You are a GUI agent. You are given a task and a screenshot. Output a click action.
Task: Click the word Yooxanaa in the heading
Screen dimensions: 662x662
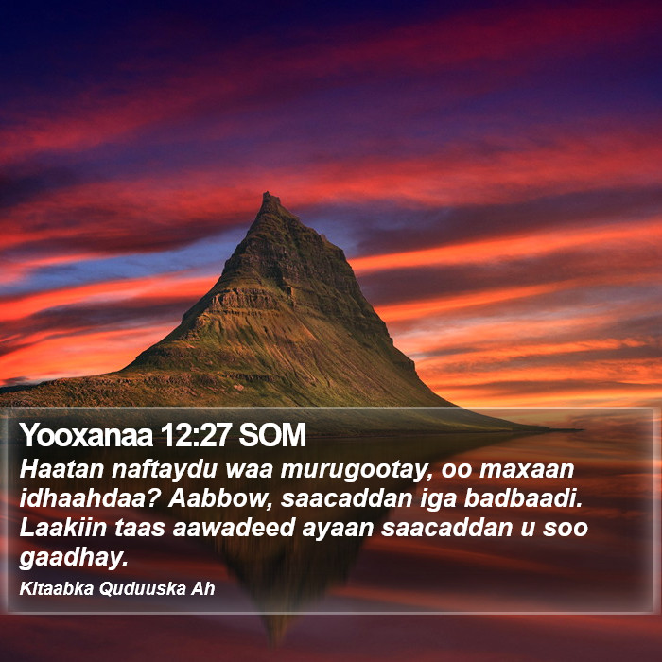(x=86, y=435)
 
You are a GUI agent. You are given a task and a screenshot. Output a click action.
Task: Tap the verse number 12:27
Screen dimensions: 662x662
(x=196, y=435)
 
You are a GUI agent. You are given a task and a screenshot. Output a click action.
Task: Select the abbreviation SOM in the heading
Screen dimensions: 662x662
(x=272, y=435)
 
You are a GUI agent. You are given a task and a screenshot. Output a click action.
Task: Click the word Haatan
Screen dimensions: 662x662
(x=61, y=469)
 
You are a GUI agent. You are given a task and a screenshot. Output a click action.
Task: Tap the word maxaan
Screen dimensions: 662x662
(x=527, y=469)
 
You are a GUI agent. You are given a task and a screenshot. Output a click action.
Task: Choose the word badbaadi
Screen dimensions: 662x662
(x=523, y=499)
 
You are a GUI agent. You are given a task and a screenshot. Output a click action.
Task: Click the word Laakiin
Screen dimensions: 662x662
(x=63, y=528)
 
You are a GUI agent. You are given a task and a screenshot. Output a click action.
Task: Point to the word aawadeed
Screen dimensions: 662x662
(x=234, y=528)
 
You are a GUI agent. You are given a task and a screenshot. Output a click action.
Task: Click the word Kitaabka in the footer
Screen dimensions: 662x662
(x=56, y=588)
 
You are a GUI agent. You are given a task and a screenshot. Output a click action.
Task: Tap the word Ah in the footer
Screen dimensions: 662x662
(x=203, y=588)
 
